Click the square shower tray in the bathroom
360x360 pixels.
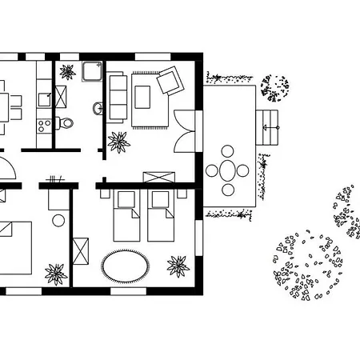(x=88, y=72)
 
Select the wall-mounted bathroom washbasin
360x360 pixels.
(x=98, y=107)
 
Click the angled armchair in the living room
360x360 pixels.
(x=170, y=81)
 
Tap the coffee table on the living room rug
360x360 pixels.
(x=145, y=97)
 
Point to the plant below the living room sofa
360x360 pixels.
(x=119, y=142)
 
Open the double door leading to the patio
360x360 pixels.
(x=184, y=127)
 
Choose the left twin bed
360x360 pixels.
(x=128, y=215)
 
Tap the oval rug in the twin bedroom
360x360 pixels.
(x=126, y=265)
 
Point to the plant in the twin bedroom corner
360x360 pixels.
(x=178, y=265)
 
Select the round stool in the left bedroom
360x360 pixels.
(x=58, y=220)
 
